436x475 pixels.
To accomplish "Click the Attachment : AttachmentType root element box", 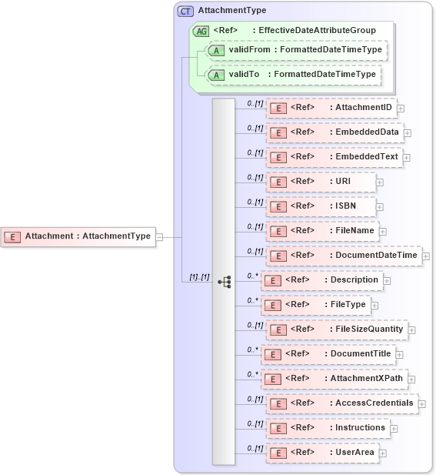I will [x=78, y=236].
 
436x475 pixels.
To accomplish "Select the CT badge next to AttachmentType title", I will [x=185, y=11].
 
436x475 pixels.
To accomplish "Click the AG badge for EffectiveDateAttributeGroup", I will [x=201, y=31].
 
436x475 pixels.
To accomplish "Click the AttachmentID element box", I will [x=331, y=107].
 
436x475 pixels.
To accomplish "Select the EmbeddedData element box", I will [x=334, y=132].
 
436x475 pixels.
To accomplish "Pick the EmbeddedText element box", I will [x=334, y=156].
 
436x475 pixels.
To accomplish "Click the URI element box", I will [x=321, y=181].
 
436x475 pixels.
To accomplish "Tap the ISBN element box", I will [x=321, y=206].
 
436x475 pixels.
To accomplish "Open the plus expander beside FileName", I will [x=382, y=231].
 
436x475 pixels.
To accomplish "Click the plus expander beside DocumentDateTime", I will [x=425, y=256].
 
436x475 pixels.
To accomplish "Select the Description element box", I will [x=321, y=279].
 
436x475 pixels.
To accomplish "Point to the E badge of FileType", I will [x=271, y=305].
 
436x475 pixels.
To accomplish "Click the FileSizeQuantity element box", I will [x=337, y=329].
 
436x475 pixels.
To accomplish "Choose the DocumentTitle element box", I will [x=328, y=353].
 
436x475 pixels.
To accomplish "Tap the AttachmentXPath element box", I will [x=334, y=378].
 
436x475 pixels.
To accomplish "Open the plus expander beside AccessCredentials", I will [x=422, y=403].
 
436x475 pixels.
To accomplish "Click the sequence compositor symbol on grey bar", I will [x=224, y=282].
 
